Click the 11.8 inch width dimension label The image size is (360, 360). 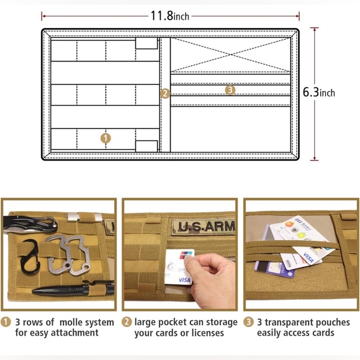pos(170,16)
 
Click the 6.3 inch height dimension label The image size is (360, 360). pos(318,92)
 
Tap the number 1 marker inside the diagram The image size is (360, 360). pos(106,138)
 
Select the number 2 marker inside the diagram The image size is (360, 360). pos(165,94)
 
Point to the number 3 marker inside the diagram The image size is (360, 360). pos(230,90)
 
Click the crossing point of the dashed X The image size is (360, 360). pos(231,55)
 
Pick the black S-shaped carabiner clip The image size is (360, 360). pos(30,257)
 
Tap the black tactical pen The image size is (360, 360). pos(73,289)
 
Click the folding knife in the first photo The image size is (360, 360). pos(30,223)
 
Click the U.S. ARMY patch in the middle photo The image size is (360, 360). pos(204,227)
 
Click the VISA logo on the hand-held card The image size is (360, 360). pos(184,280)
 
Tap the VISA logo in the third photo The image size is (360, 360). pos(308,258)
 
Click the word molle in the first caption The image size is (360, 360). pos(71,322)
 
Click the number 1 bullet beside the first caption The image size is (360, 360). pos(6,322)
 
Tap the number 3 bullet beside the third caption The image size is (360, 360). pos(248,322)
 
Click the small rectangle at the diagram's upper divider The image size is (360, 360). pos(146,43)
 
